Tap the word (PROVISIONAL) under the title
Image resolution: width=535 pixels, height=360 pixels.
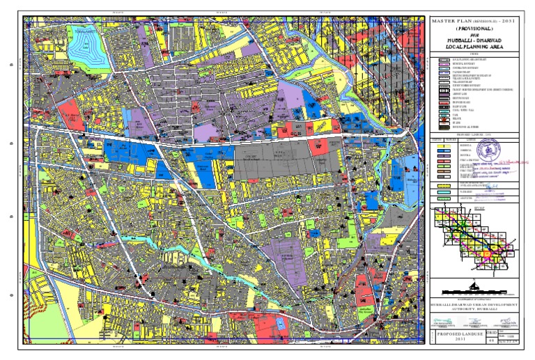pyautogui.click(x=478, y=29)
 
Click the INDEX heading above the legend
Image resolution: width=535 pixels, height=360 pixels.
pyautogui.click(x=478, y=55)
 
